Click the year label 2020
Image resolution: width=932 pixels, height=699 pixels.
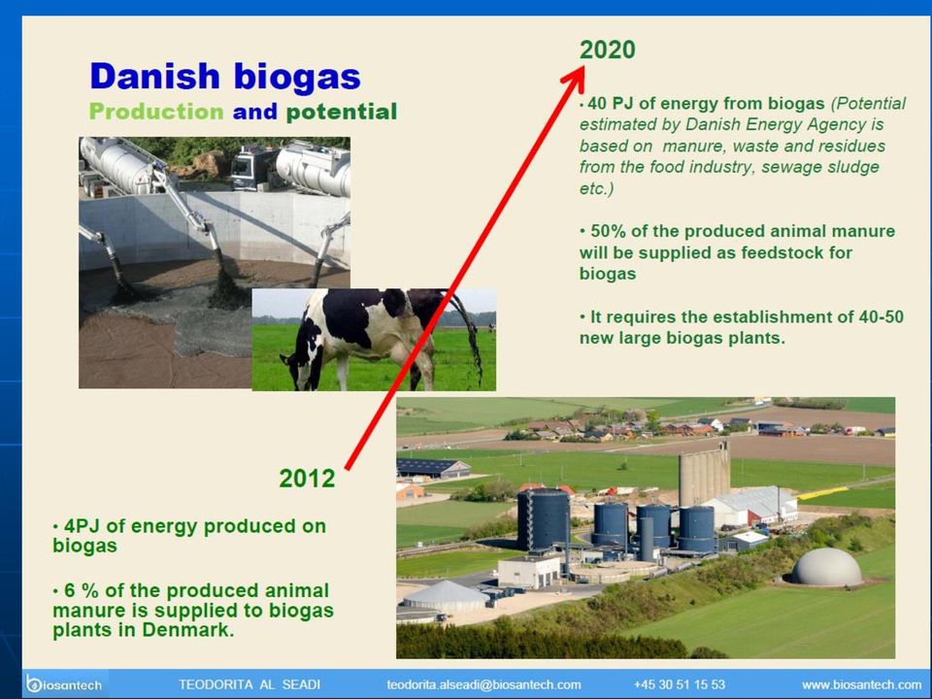click(608, 50)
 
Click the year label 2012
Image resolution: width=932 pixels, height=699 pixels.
click(307, 479)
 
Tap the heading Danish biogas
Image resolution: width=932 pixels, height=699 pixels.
click(225, 78)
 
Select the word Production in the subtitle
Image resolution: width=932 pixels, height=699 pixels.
click(156, 111)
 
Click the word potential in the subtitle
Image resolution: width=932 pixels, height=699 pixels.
click(342, 111)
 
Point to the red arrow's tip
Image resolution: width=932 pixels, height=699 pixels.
click(583, 67)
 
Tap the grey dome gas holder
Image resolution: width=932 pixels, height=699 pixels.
click(827, 567)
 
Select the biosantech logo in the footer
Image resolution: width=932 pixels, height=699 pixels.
click(64, 684)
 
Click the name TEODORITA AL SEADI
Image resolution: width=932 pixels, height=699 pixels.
click(250, 684)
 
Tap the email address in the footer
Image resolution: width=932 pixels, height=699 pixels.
click(483, 684)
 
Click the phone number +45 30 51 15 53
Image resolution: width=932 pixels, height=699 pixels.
click(680, 684)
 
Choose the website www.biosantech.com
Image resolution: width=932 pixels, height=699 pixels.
click(861, 684)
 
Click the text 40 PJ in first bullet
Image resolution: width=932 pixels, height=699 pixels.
click(610, 104)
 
